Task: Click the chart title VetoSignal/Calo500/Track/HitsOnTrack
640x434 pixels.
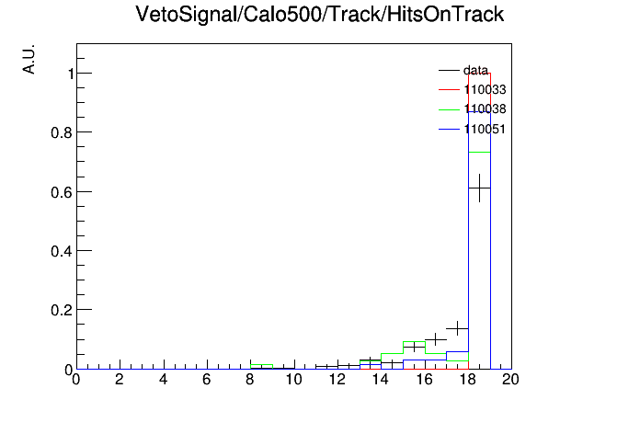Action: coord(320,15)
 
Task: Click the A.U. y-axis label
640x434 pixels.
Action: coord(29,59)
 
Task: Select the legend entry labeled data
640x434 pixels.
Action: coord(463,70)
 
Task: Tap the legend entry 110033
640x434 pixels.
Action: coord(473,89)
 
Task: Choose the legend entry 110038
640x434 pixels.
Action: coord(473,109)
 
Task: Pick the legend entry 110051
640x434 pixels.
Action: coord(473,129)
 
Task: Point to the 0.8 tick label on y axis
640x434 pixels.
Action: coord(62,132)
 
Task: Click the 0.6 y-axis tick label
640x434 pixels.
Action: coord(62,192)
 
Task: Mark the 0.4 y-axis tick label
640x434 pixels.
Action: coord(62,251)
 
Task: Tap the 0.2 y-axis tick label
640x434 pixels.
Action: coord(62,310)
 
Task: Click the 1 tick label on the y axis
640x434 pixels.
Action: coord(71,74)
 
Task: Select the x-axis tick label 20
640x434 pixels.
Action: coord(510,380)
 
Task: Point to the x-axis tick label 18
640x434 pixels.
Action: coord(467,380)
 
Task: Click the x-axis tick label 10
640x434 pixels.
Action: coord(293,380)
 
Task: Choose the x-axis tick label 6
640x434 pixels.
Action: coord(207,380)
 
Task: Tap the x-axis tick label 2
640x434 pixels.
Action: coord(120,380)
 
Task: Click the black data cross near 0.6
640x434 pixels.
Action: coord(479,188)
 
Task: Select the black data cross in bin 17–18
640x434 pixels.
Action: coord(458,328)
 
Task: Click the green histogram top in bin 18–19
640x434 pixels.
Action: coord(479,153)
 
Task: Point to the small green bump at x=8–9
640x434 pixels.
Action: coord(262,365)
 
